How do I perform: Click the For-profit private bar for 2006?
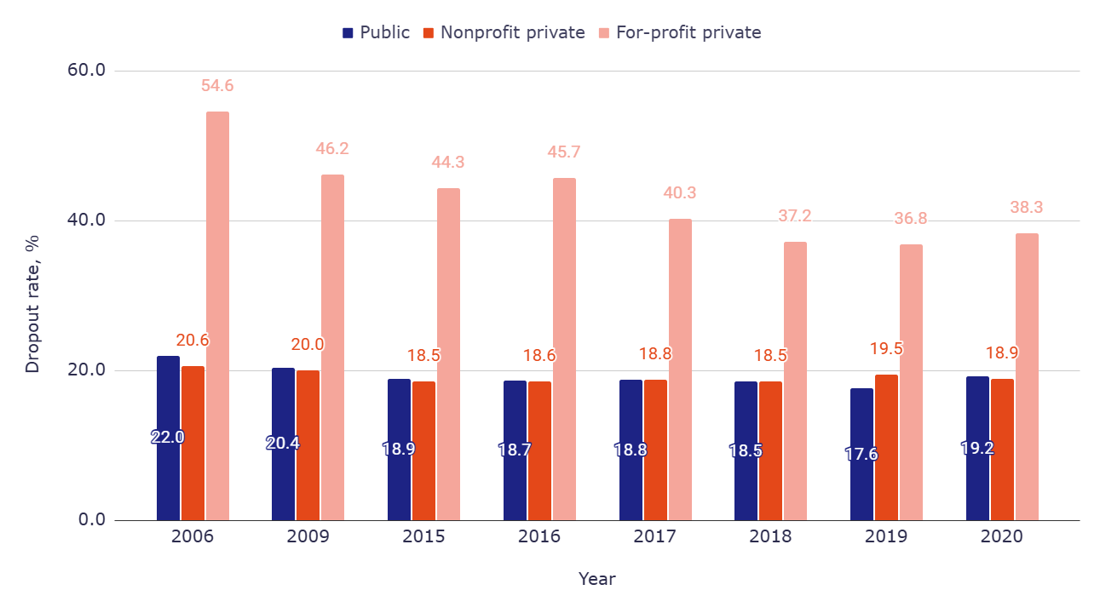217,316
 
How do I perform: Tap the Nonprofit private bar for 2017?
655,450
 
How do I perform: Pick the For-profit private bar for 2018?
795,381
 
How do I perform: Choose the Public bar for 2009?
283,444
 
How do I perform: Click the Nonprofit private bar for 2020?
1002,450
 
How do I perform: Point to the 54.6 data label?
217,86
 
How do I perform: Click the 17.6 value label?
861,455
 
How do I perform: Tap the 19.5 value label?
886,348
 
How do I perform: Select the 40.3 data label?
680,193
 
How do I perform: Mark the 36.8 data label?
911,219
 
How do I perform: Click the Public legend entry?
376,33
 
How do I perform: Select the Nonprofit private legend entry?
504,33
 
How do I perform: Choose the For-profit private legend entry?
679,33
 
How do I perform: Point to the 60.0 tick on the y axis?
86,71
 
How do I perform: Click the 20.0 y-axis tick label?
86,370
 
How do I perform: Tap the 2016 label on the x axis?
539,537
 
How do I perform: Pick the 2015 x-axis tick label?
423,537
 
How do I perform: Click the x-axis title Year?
596,579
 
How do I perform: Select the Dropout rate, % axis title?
32,304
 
